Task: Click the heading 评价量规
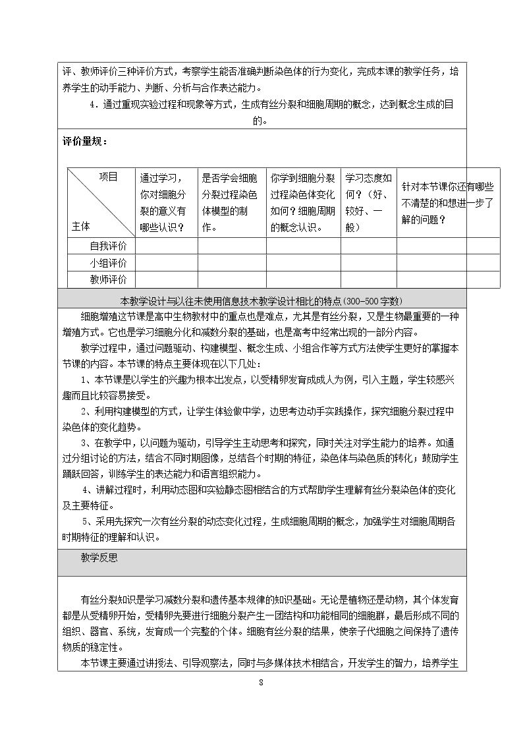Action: (84, 141)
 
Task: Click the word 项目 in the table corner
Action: (109, 177)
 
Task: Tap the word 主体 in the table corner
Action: (80, 227)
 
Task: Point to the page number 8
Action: (261, 681)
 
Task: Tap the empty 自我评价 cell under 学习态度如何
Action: (369, 246)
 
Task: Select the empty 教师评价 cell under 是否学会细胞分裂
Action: (232, 279)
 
